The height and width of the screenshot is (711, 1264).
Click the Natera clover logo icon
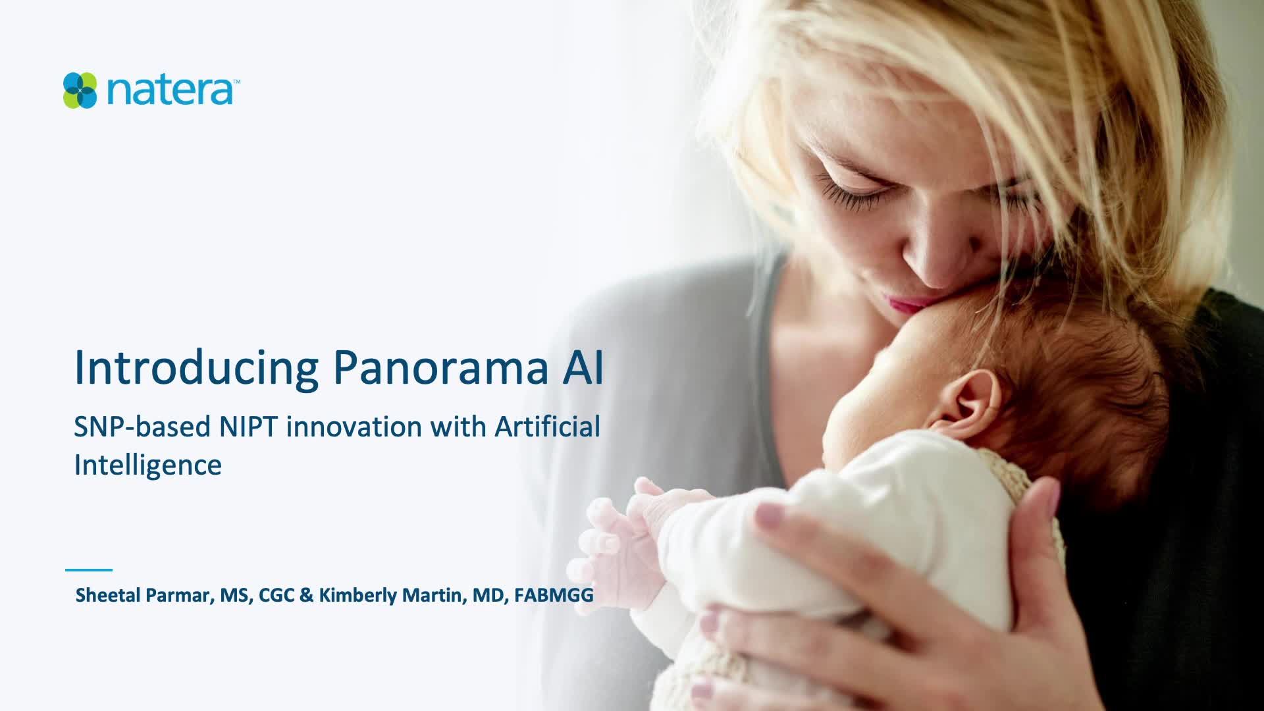(80, 90)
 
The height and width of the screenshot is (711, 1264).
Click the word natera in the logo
(169, 91)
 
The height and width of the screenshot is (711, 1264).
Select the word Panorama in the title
(441, 367)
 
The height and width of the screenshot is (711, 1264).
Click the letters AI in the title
(583, 367)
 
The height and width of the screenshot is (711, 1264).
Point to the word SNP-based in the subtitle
(142, 427)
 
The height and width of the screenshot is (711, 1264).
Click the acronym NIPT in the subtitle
(248, 427)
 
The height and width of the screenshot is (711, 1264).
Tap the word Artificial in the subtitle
(547, 426)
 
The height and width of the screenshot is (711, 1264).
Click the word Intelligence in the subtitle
(147, 465)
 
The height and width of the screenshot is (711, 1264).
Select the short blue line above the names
(89, 570)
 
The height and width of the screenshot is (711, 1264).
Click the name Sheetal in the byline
(108, 595)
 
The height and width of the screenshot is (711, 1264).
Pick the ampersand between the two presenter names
(306, 595)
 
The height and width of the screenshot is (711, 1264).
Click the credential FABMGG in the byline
(554, 595)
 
